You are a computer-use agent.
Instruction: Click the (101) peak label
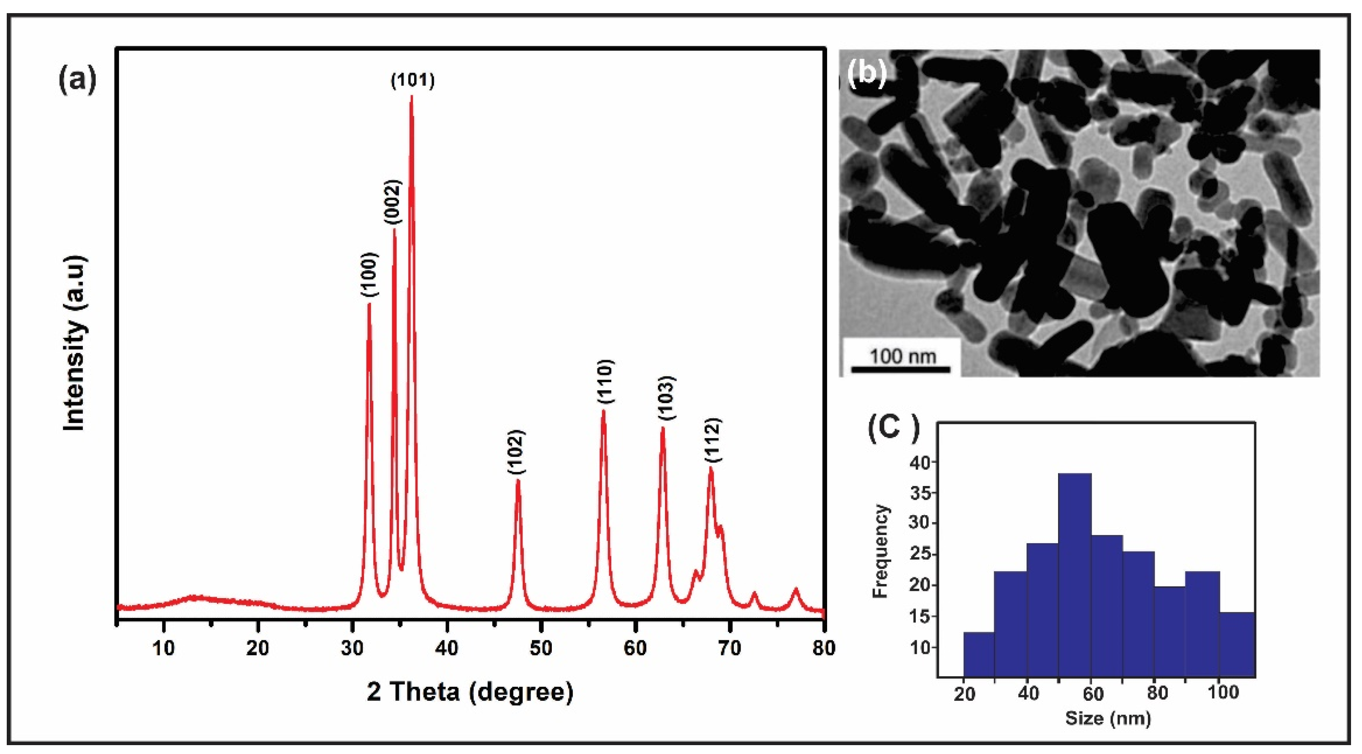pyautogui.click(x=412, y=81)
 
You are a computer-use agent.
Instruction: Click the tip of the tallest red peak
pyautogui.click(x=411, y=97)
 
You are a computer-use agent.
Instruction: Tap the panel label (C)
pyautogui.click(x=893, y=428)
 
